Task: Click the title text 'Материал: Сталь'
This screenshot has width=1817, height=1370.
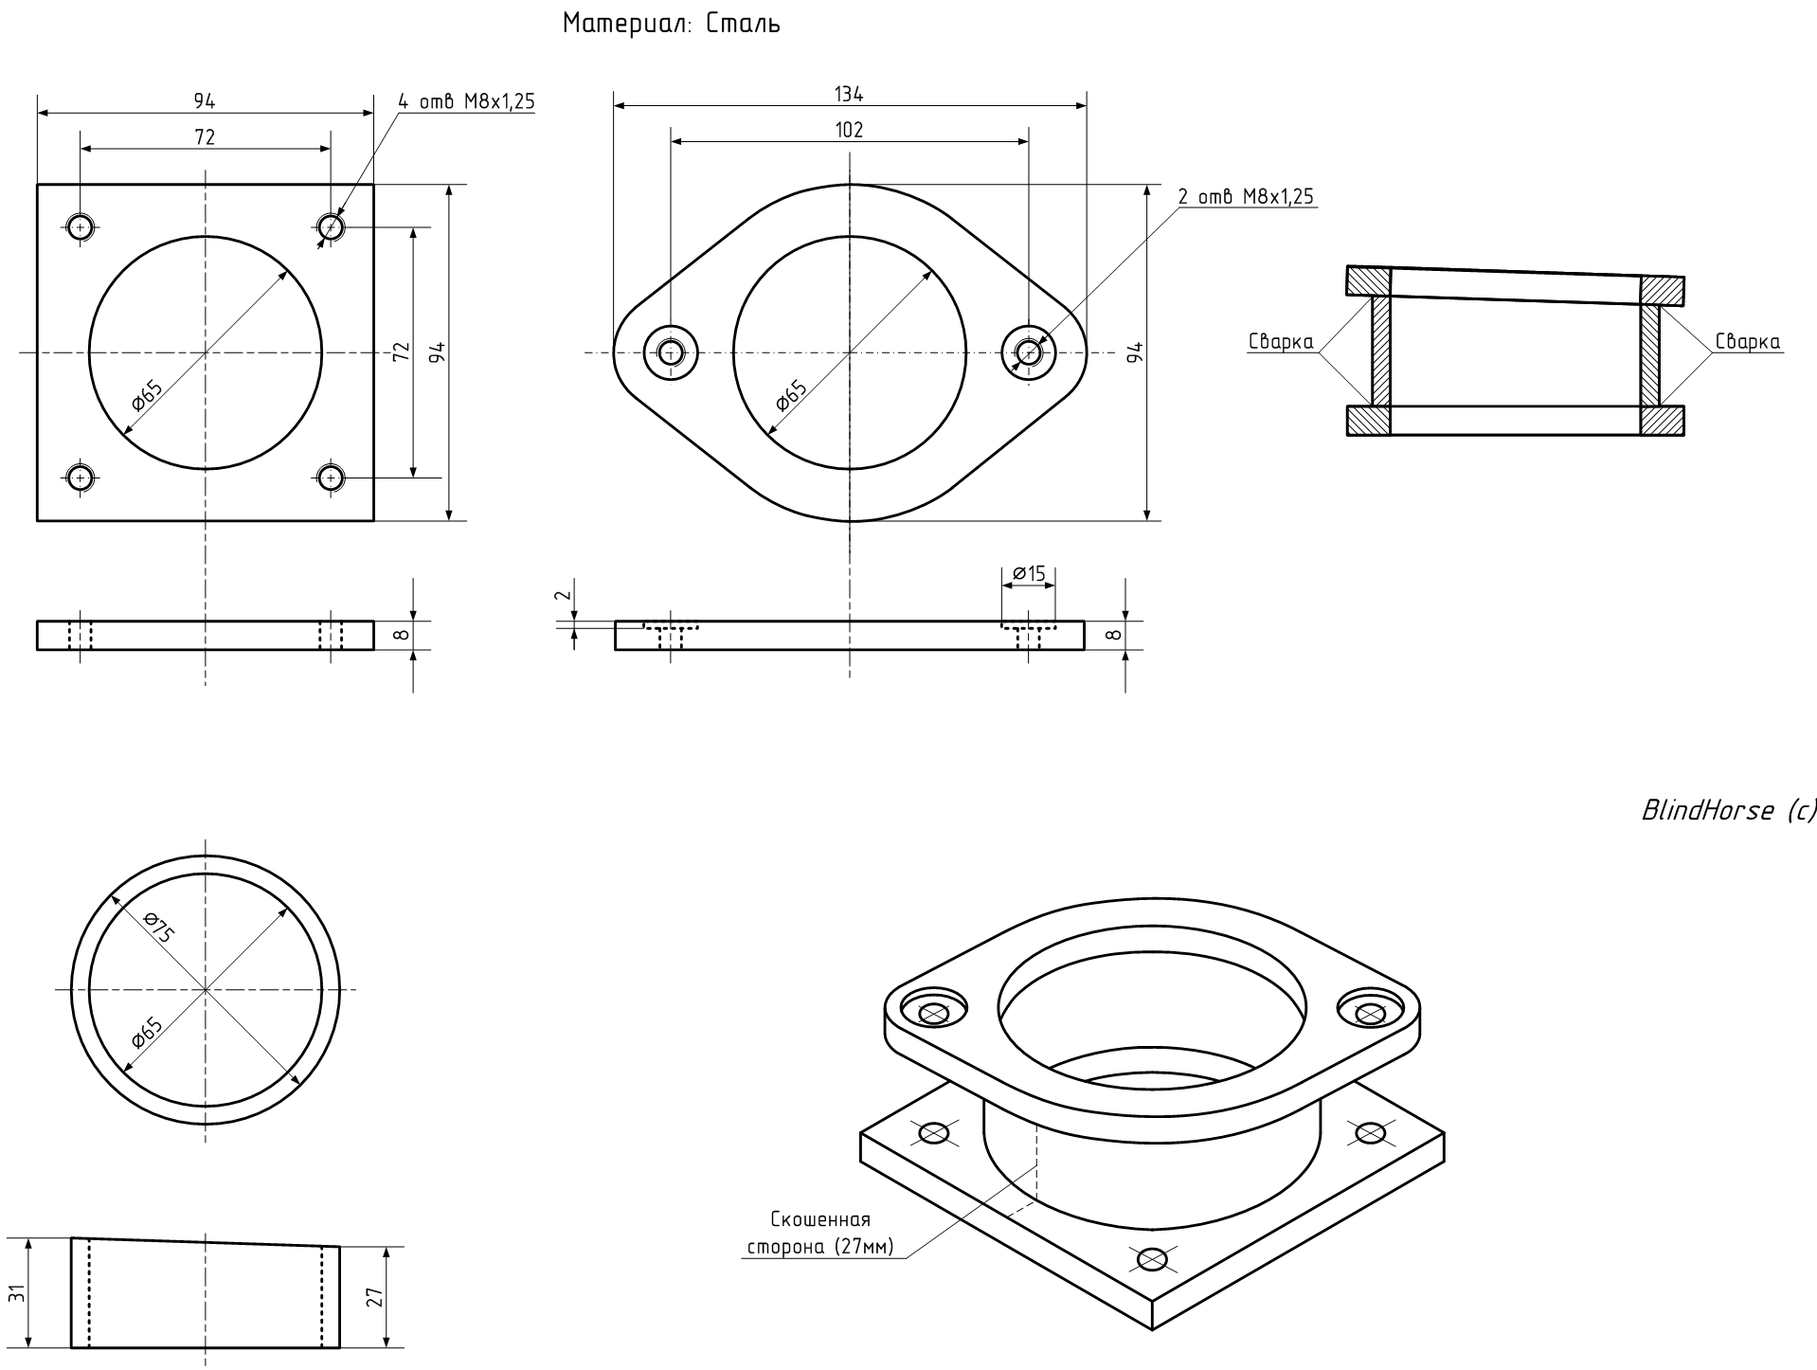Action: click(x=672, y=24)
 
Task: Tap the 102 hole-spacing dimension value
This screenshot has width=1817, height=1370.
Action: click(x=849, y=130)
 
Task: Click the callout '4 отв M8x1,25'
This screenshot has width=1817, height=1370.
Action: click(x=465, y=101)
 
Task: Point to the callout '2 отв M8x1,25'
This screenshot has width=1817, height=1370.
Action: click(x=1246, y=196)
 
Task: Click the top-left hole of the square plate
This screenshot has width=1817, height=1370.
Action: click(x=81, y=226)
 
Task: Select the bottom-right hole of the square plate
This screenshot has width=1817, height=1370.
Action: click(x=331, y=478)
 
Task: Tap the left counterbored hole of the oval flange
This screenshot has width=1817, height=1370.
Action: click(x=671, y=353)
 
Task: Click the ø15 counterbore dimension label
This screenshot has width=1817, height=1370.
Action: click(x=1029, y=573)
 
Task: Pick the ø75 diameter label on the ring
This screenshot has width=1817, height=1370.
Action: click(x=158, y=927)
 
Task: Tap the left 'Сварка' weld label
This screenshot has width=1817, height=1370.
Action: click(x=1281, y=342)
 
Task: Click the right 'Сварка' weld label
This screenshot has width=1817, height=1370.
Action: click(x=1747, y=342)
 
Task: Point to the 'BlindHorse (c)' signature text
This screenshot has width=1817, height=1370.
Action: click(x=1728, y=810)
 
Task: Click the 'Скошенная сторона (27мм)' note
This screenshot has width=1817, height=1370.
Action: click(x=820, y=1233)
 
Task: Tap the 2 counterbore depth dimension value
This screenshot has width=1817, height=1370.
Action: click(x=562, y=595)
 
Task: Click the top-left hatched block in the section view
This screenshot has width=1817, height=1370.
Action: click(x=1369, y=281)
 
